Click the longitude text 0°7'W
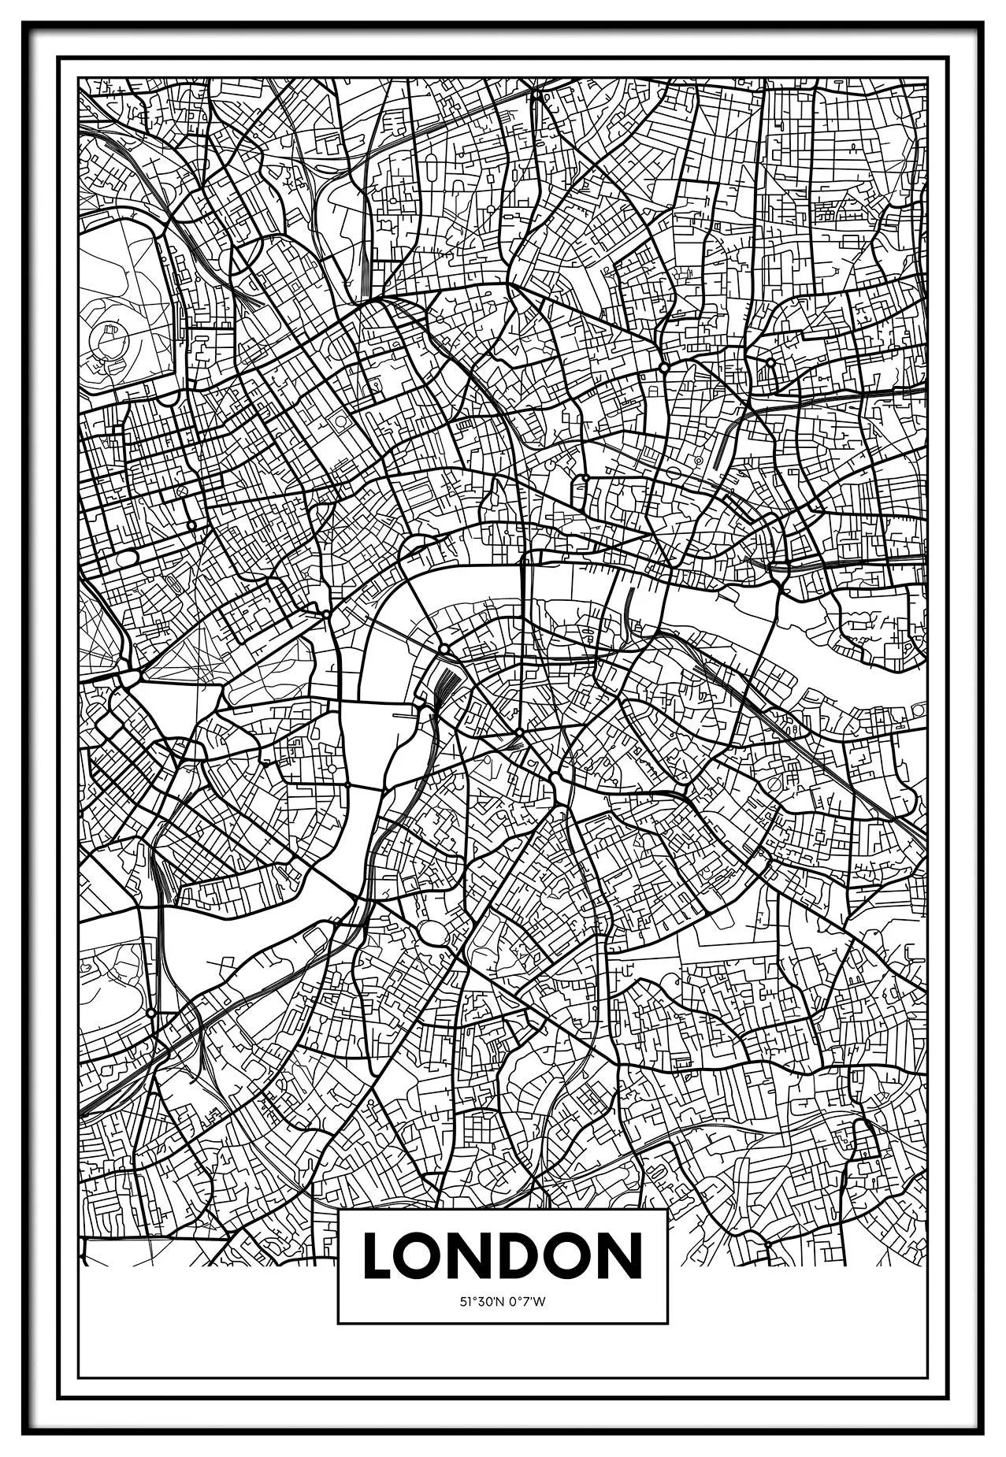click(x=527, y=1302)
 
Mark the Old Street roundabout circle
click(x=664, y=368)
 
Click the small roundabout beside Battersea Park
click(x=150, y=1011)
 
